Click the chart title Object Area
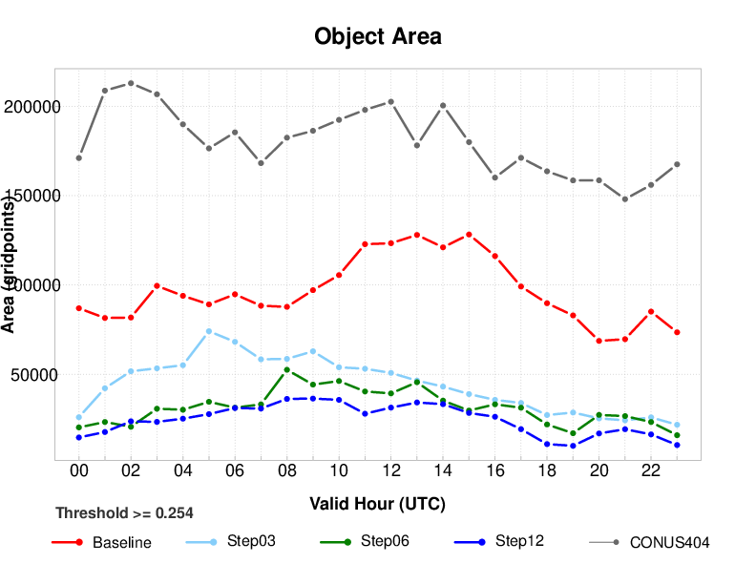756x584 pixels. click(378, 37)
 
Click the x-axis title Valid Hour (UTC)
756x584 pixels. click(378, 503)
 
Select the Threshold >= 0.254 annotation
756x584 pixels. click(124, 513)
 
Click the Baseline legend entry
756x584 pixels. click(121, 543)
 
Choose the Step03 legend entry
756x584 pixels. click(251, 541)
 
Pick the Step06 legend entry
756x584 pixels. click(385, 541)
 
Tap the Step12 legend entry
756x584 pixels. click(519, 541)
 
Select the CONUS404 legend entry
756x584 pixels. click(669, 543)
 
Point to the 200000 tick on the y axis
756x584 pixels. click(32, 106)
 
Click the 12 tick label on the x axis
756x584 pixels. click(390, 470)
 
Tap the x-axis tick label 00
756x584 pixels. click(79, 470)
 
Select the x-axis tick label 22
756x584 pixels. click(651, 470)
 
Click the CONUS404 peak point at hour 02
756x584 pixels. click(131, 83)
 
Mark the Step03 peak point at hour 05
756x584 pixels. click(209, 331)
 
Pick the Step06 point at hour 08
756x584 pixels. click(287, 369)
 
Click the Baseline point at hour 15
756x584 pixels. click(469, 234)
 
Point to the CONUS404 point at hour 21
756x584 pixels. click(625, 199)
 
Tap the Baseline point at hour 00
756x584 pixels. click(79, 308)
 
